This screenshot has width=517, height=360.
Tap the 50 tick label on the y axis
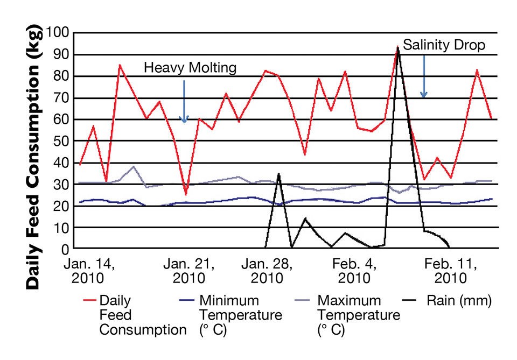coord(63,142)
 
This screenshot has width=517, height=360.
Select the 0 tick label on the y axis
coord(67,250)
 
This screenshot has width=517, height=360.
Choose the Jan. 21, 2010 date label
coord(188,271)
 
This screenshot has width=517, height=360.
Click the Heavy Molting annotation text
coord(190,68)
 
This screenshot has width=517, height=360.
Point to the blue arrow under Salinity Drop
coord(424,76)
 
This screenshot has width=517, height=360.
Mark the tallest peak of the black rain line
coord(397,48)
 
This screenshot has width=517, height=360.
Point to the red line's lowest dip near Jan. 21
coord(185,194)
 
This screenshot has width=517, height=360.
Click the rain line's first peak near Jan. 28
coord(278,174)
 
